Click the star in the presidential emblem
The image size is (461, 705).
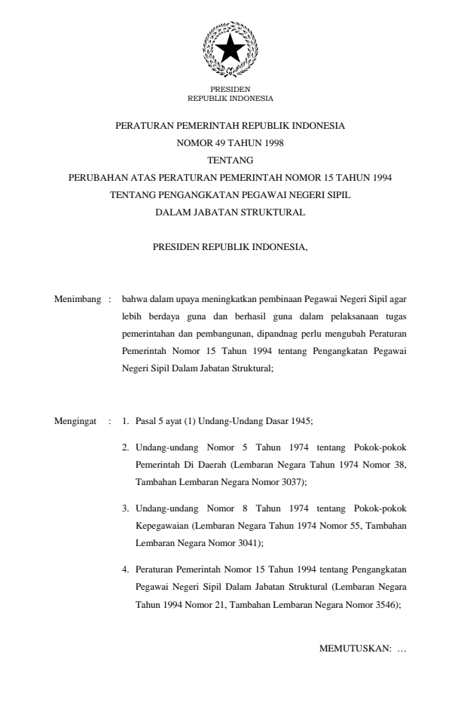point(230,49)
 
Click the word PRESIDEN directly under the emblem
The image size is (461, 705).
point(230,90)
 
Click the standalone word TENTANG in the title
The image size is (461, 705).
point(230,160)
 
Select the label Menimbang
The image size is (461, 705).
point(78,300)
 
